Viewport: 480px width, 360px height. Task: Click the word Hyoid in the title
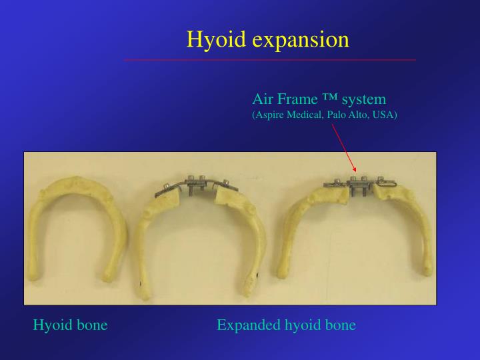point(217,39)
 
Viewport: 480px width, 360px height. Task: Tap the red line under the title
point(270,60)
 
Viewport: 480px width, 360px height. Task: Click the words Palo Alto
point(348,115)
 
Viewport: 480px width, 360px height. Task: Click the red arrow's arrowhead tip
point(356,172)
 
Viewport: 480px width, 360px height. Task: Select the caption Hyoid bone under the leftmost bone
point(70,325)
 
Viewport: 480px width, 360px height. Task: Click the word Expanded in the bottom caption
point(249,325)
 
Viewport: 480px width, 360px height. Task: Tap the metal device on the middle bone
point(196,185)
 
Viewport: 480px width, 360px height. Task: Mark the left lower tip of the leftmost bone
point(33,277)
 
